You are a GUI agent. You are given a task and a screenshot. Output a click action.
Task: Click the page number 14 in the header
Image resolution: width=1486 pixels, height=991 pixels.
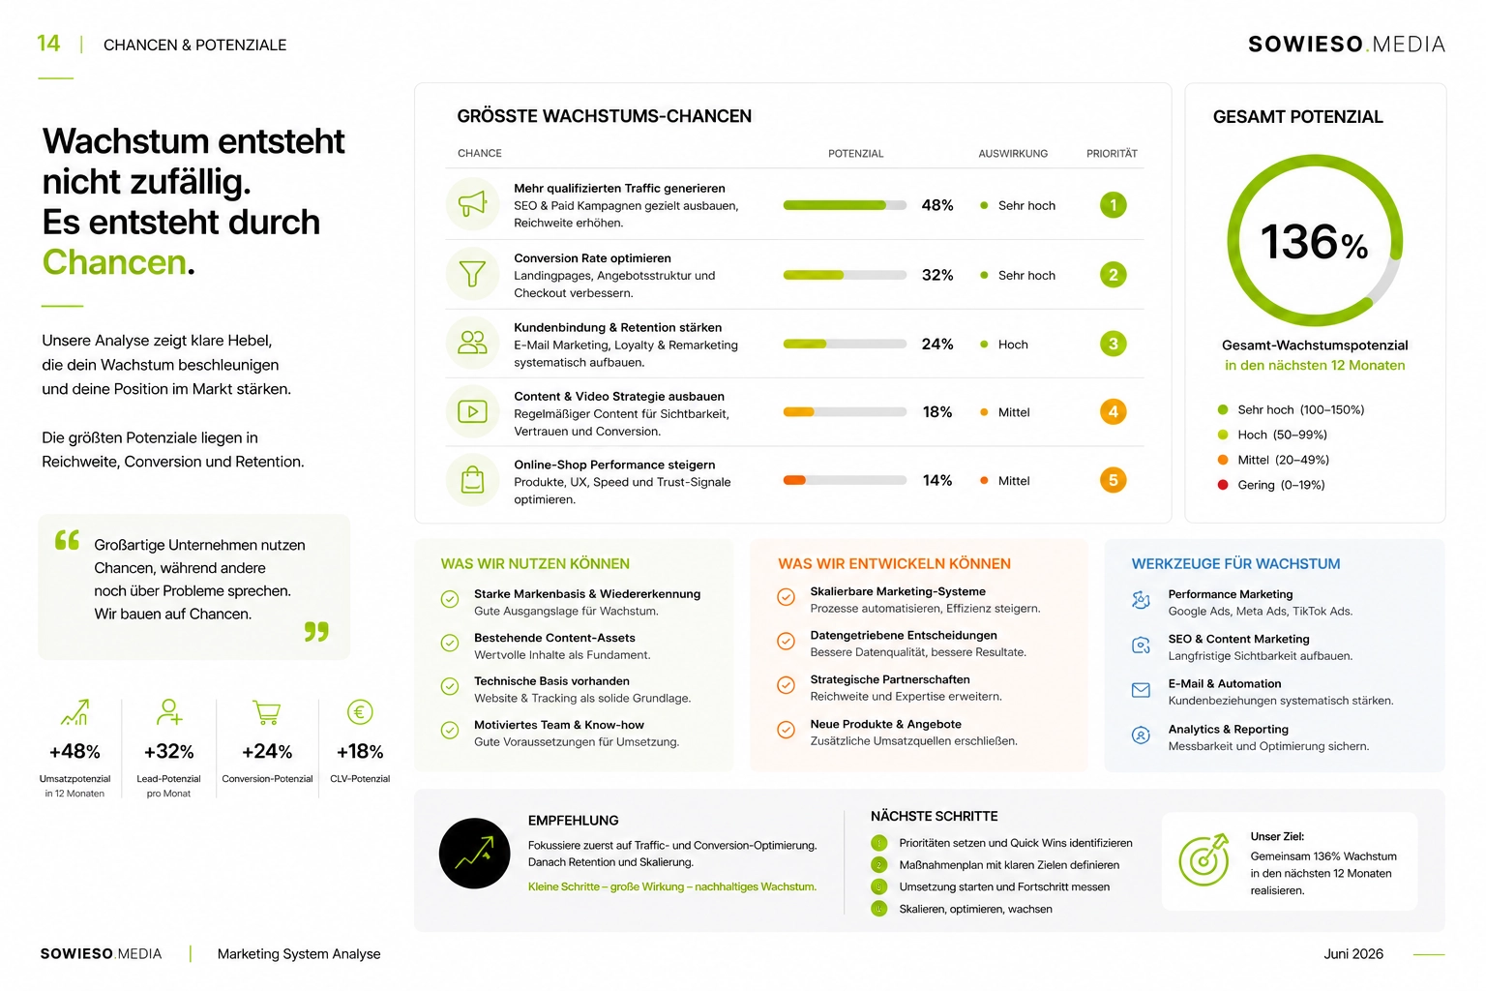(48, 44)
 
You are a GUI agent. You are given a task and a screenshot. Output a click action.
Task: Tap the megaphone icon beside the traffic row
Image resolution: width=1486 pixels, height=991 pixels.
(472, 204)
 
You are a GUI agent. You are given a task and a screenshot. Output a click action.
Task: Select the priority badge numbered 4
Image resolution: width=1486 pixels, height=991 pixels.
(1114, 411)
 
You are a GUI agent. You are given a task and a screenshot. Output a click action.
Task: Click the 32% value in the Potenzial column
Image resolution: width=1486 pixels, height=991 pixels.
(937, 275)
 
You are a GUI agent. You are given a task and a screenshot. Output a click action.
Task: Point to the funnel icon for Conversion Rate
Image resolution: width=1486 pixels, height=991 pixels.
(472, 274)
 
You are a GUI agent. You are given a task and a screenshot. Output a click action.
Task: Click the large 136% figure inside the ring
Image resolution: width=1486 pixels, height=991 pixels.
(1314, 242)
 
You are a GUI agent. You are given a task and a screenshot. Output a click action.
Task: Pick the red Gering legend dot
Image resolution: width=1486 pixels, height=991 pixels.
(1223, 485)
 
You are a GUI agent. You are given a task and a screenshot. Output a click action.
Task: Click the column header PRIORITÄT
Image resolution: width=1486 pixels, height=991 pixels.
(1112, 153)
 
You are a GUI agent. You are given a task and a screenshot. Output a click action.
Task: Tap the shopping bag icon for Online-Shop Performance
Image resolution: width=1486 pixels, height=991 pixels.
(472, 479)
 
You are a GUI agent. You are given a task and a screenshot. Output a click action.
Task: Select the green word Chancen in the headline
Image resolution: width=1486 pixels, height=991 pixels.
(114, 262)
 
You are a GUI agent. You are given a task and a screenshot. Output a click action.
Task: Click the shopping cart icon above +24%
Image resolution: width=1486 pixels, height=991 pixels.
(267, 712)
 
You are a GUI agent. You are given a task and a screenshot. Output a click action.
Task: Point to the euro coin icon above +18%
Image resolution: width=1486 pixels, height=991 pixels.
(360, 712)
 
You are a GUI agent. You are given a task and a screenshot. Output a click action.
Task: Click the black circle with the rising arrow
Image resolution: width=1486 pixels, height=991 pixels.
(474, 853)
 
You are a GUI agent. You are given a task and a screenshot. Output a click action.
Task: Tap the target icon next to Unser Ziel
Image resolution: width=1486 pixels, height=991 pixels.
(1204, 859)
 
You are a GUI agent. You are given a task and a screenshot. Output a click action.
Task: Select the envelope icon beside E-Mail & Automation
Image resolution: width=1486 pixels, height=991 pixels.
(1141, 690)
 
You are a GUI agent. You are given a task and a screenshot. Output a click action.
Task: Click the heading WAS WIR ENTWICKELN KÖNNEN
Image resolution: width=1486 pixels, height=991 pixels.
(894, 563)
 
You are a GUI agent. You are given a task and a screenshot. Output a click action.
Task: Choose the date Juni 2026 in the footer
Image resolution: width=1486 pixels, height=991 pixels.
(1353, 954)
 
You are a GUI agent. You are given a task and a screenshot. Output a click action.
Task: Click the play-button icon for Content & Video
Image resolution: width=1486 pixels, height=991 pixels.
(472, 411)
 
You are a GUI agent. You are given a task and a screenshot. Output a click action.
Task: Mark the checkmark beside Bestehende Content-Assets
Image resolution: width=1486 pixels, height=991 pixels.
(450, 643)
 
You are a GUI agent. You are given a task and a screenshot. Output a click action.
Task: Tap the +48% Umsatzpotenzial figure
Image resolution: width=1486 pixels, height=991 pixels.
(74, 751)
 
